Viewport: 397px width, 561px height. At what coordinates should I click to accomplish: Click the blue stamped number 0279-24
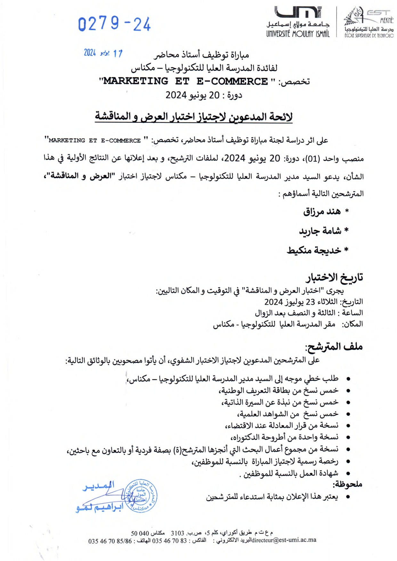[114, 24]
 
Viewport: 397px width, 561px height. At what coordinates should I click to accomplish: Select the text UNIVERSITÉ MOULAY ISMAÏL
[298, 33]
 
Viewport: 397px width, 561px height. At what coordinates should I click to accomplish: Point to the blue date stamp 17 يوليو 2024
[103, 53]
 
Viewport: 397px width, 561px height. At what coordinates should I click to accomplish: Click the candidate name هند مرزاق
[321, 212]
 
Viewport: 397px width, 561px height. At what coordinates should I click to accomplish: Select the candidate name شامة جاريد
[320, 231]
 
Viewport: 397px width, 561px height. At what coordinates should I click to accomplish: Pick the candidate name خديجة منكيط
[314, 250]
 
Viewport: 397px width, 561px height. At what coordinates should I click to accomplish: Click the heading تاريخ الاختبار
[334, 277]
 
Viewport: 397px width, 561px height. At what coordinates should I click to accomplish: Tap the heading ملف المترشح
[334, 347]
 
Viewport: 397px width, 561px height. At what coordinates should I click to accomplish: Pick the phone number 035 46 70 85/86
[110, 541]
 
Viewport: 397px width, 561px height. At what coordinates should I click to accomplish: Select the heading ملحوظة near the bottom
[347, 484]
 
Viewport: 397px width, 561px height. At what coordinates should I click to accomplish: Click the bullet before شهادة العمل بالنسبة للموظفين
[348, 474]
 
